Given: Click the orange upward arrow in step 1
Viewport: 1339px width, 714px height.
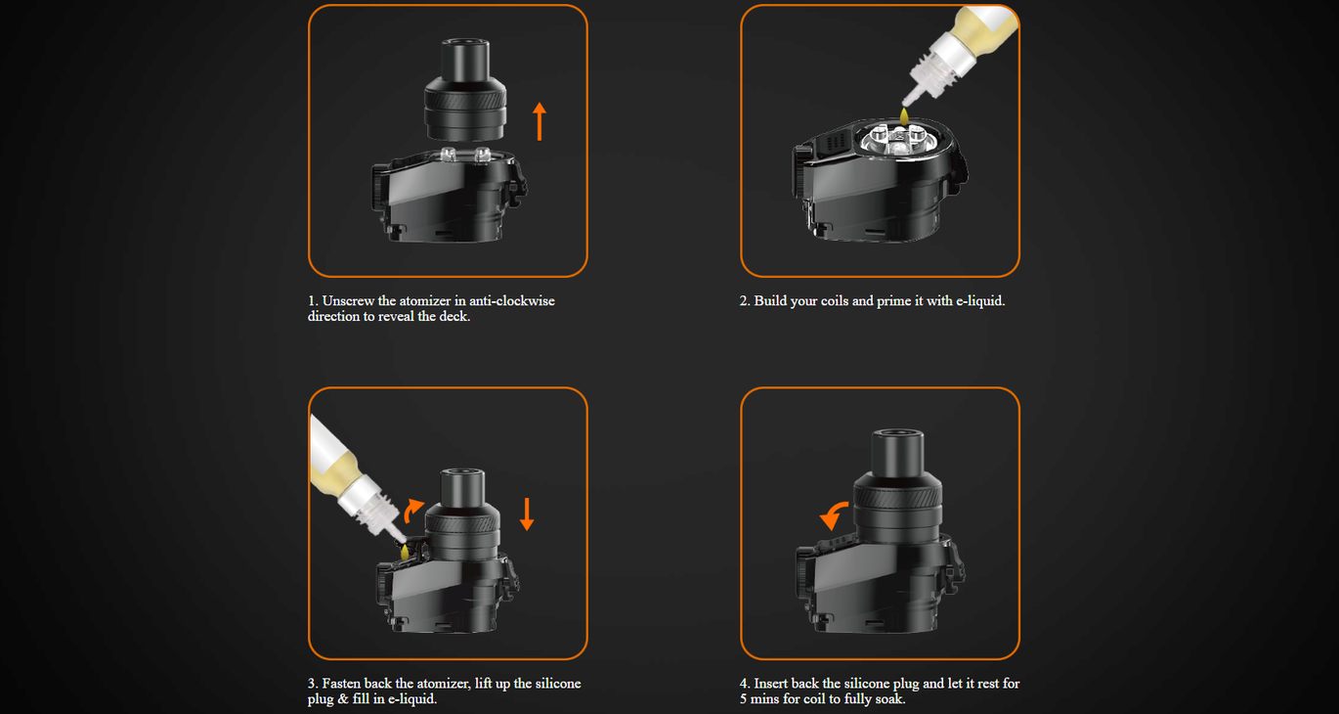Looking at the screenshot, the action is point(540,121).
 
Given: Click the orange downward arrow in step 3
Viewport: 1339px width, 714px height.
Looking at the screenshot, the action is point(527,514).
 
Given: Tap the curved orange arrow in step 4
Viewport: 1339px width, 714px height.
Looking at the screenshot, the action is point(832,515).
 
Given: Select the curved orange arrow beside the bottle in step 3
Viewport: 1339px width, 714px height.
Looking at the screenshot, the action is point(412,512).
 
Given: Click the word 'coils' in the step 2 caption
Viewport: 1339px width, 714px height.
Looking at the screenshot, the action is point(835,301).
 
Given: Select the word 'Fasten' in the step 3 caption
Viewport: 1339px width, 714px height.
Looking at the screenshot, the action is point(341,684).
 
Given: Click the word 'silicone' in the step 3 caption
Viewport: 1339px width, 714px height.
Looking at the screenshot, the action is point(558,684).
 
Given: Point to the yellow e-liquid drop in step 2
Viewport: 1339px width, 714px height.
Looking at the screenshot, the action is point(904,115).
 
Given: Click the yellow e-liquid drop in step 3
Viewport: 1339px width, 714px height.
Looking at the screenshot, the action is point(405,552).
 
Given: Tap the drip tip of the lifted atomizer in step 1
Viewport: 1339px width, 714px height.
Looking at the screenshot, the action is point(465,60).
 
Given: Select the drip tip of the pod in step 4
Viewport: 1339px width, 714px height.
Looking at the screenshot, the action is point(898,452).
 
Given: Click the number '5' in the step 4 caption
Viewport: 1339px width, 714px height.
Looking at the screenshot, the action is point(743,699).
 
